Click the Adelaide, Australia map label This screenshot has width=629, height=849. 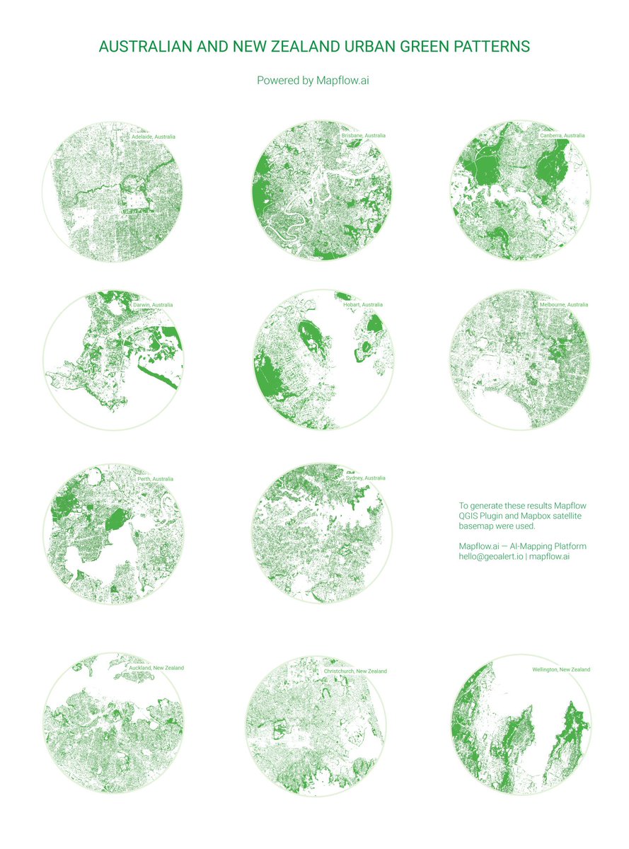pos(153,136)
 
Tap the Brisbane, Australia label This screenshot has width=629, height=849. pos(363,135)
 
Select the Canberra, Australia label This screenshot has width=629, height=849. pos(562,135)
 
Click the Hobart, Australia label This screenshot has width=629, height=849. pos(362,305)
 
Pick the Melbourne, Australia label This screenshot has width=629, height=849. pos(563,304)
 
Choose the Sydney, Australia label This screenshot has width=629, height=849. pos(365,478)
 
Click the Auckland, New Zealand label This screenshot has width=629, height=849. pos(156,668)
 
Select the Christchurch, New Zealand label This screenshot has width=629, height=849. pos(355,671)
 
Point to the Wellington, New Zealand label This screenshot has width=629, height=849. pos(561,669)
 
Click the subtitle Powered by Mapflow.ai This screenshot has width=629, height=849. pos(313,81)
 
